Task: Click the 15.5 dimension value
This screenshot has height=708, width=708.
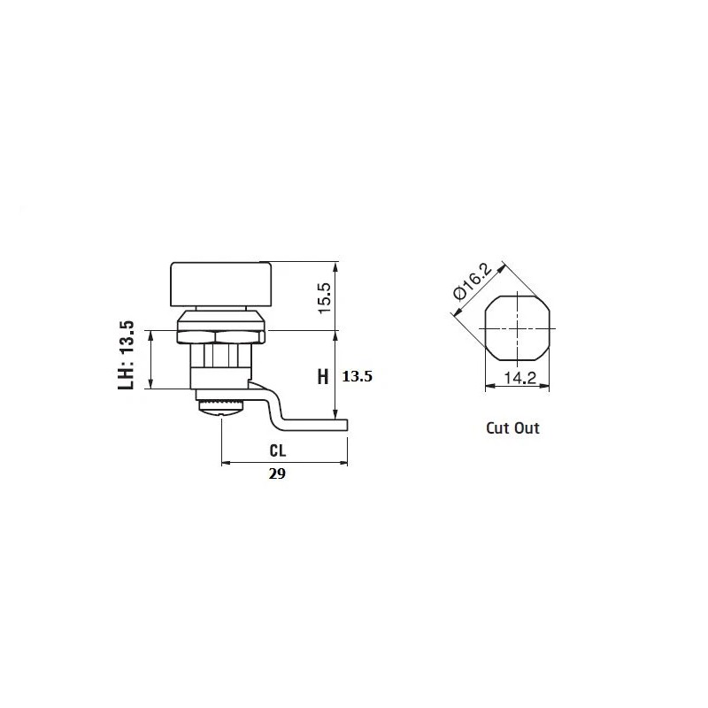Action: pyautogui.click(x=326, y=298)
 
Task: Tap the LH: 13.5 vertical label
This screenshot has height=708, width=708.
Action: pyautogui.click(x=126, y=355)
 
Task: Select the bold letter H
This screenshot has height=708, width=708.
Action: pyautogui.click(x=323, y=377)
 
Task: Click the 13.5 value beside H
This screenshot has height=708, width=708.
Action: pyautogui.click(x=358, y=376)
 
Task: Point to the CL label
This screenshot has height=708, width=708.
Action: pyautogui.click(x=278, y=450)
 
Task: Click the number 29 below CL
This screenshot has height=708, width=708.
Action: pyautogui.click(x=277, y=473)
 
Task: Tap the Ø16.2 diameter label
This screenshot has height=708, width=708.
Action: pyautogui.click(x=473, y=282)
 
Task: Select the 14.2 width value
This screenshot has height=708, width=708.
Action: pyautogui.click(x=519, y=378)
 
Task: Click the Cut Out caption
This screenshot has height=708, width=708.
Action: pyautogui.click(x=512, y=427)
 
